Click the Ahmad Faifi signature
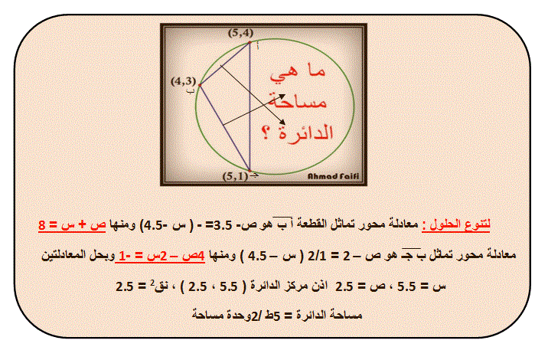pos(333,176)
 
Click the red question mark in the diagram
pos(266,133)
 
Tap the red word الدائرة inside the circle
pos(306,133)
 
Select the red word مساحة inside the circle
pos(298,101)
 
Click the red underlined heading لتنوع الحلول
pos(456,224)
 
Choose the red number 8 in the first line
pos(42,225)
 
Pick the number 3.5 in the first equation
pos(223,226)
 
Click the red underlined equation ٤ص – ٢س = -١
pos(160,256)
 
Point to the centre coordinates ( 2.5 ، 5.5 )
pos(214,287)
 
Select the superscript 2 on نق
pos(152,283)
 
